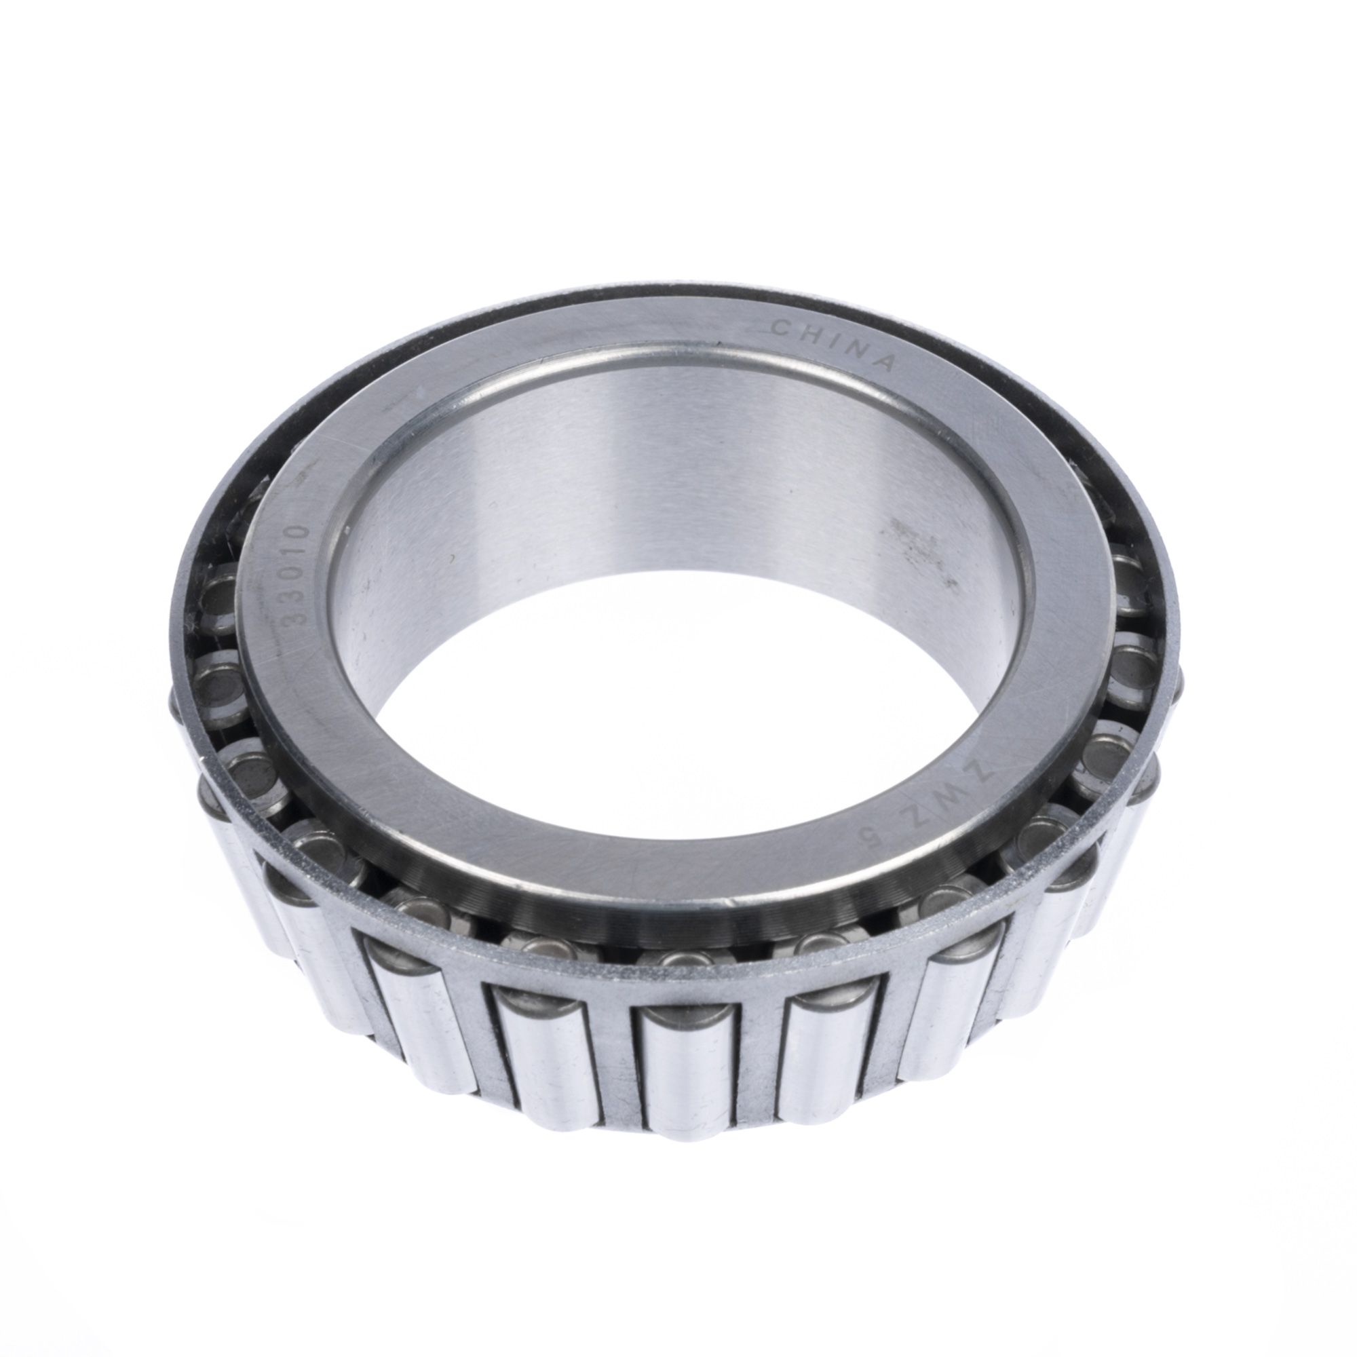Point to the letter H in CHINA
[807, 334]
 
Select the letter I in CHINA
[830, 341]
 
